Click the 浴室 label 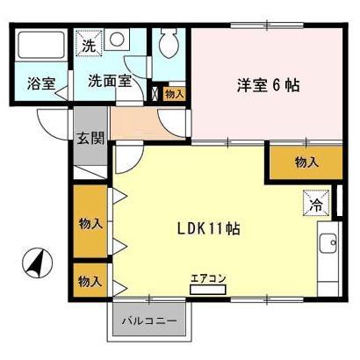click(x=41, y=84)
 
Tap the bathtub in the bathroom click(x=42, y=48)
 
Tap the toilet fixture click(x=170, y=44)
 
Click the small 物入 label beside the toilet click(x=174, y=93)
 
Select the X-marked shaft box click(x=155, y=93)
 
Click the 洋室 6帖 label click(x=267, y=85)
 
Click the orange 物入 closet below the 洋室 click(x=306, y=162)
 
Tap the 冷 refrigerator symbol click(x=314, y=204)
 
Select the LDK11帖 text click(x=209, y=229)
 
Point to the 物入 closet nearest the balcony click(x=90, y=282)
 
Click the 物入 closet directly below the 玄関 click(x=90, y=223)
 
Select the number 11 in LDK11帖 click(x=216, y=229)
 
